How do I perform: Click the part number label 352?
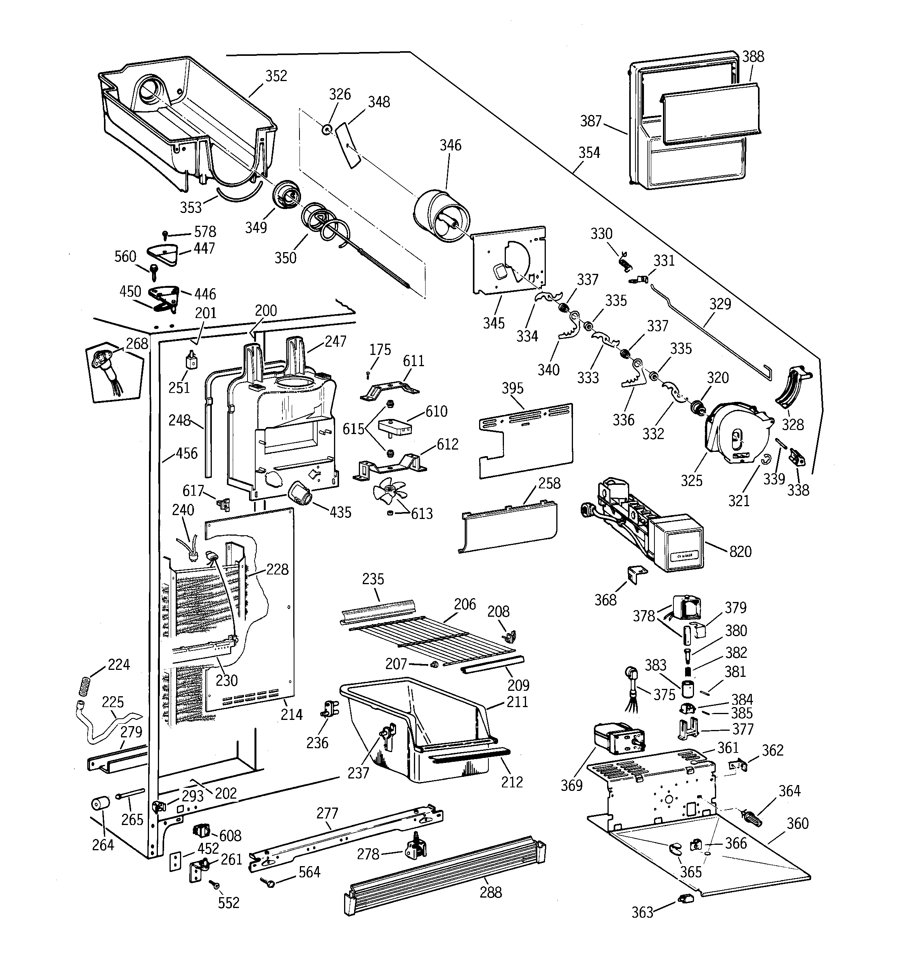pos(276,76)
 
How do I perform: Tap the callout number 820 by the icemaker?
pos(740,552)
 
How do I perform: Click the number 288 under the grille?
pos(490,892)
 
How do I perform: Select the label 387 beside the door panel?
pos(591,121)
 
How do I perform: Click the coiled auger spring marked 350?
pos(323,223)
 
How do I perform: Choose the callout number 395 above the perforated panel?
pos(512,388)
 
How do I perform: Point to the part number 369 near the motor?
pos(571,786)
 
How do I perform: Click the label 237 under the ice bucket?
pos(358,773)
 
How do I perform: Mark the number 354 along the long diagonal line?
pos(589,152)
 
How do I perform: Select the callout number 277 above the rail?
pos(327,813)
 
